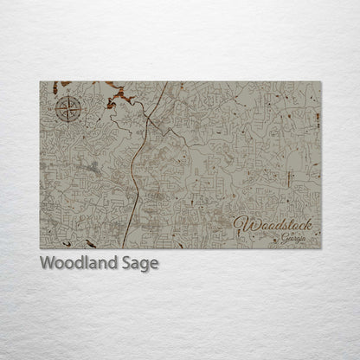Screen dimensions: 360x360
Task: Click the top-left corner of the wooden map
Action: (x=41, y=80)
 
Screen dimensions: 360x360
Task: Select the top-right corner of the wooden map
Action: (x=320, y=80)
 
